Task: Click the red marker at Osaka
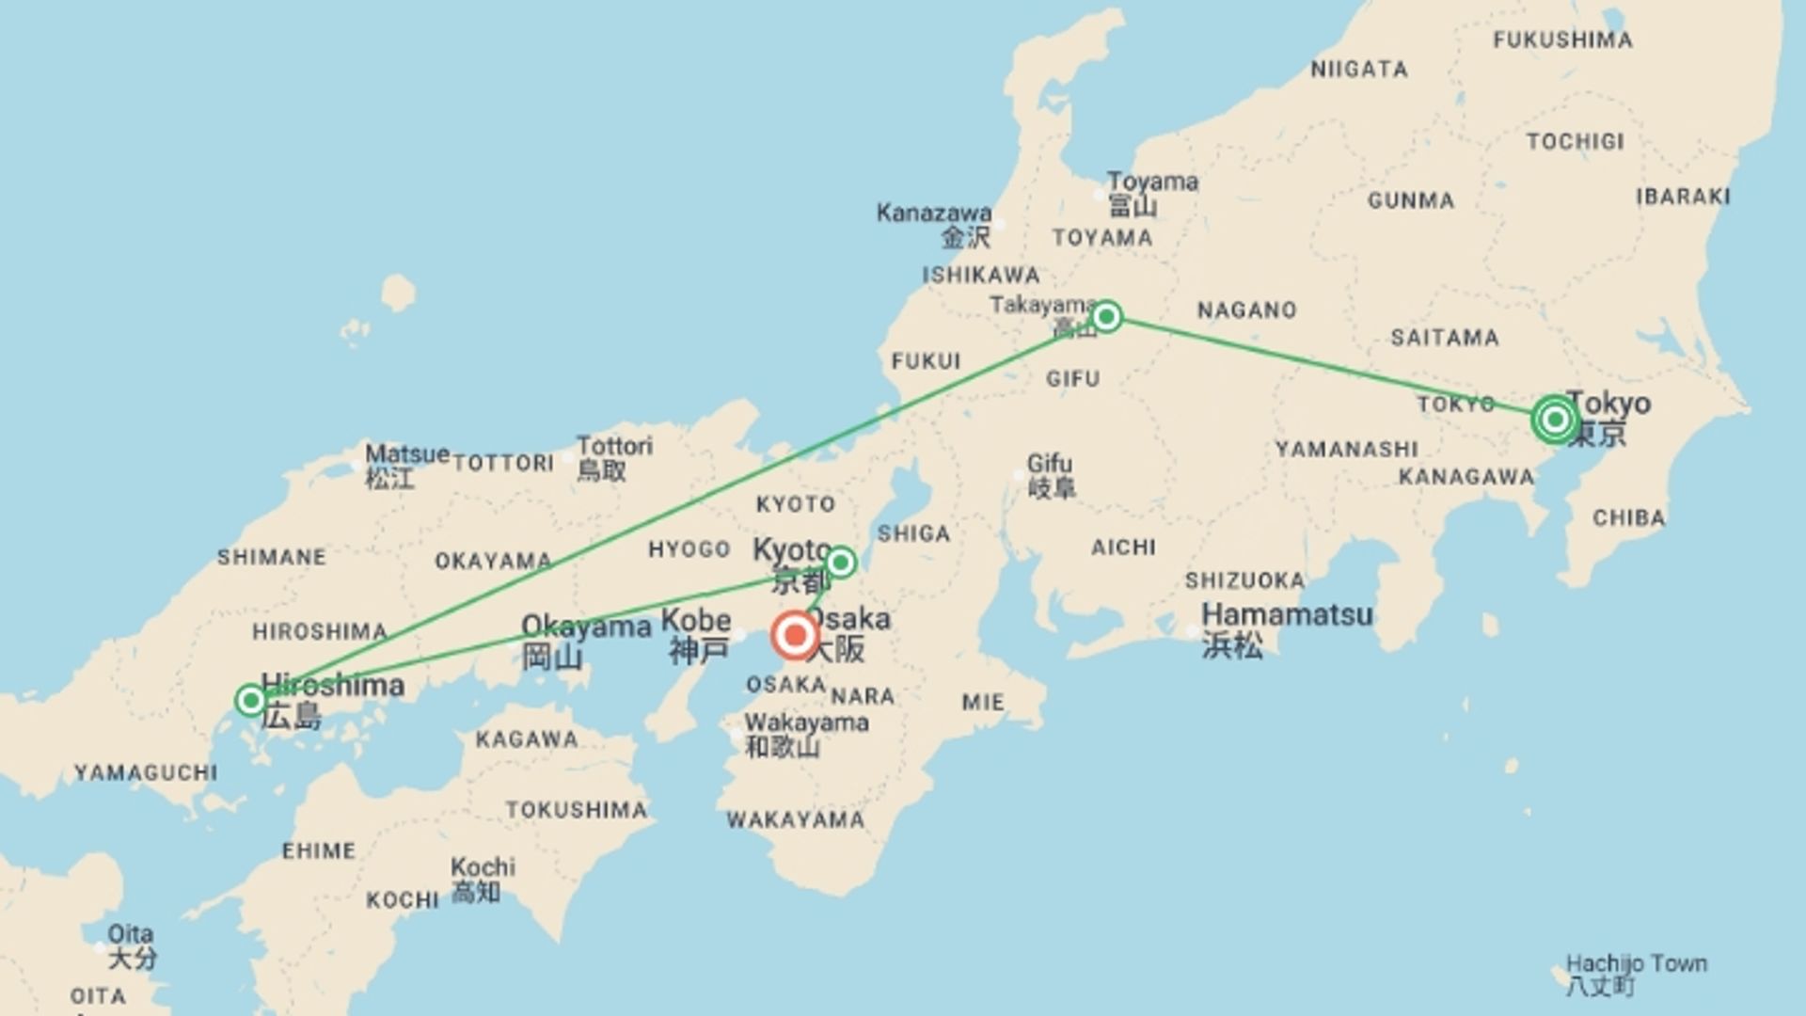pyautogui.click(x=795, y=636)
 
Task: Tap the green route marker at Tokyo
pyautogui.click(x=1554, y=420)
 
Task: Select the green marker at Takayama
pyautogui.click(x=1106, y=316)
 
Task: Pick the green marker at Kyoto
pyautogui.click(x=840, y=563)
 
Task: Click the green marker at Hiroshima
pyautogui.click(x=250, y=700)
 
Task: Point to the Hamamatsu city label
pyautogui.click(x=1287, y=615)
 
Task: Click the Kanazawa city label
pyautogui.click(x=933, y=214)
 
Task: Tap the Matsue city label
pyautogui.click(x=406, y=454)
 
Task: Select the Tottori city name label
pyautogui.click(x=614, y=446)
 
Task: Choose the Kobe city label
pyautogui.click(x=696, y=621)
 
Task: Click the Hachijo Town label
pyautogui.click(x=1636, y=964)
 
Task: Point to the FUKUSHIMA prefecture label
pyautogui.click(x=1562, y=40)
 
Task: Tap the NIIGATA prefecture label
pyautogui.click(x=1359, y=70)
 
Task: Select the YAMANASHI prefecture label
pyautogui.click(x=1346, y=450)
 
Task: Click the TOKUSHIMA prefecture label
pyautogui.click(x=577, y=810)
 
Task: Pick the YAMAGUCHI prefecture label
pyautogui.click(x=146, y=773)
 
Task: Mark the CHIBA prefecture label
pyautogui.click(x=1628, y=518)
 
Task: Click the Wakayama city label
pyautogui.click(x=806, y=723)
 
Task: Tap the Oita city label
pyautogui.click(x=130, y=934)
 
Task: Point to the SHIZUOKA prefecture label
pyautogui.click(x=1244, y=580)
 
